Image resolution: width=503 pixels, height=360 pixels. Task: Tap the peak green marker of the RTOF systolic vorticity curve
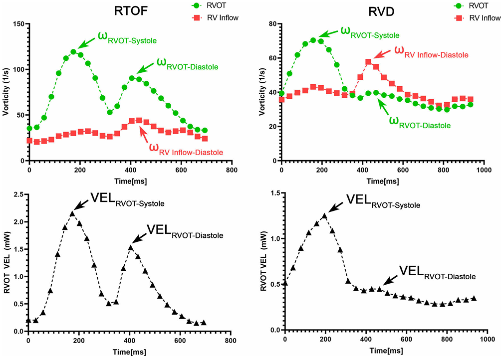pos(73,51)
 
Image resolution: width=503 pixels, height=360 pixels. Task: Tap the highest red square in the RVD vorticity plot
pos(368,62)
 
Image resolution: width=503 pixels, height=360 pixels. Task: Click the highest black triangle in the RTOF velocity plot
pos(72,213)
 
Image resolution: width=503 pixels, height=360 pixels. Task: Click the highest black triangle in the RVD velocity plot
pos(324,216)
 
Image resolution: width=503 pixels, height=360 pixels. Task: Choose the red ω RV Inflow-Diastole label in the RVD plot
pos(435,52)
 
